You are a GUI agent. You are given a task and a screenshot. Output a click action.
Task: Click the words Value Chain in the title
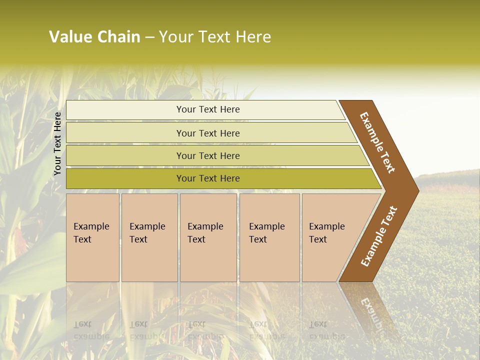94,37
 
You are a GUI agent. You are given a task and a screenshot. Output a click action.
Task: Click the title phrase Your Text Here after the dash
215,37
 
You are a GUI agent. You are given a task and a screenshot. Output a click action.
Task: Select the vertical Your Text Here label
57,143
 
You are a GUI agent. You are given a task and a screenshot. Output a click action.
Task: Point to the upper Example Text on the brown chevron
377,142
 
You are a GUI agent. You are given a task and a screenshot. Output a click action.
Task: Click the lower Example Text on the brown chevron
378,236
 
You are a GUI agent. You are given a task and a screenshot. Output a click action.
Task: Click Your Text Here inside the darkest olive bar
208,178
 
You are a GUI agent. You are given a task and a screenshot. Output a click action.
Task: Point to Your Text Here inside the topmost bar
208,109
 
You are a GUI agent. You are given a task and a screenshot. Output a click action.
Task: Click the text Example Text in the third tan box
205,232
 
